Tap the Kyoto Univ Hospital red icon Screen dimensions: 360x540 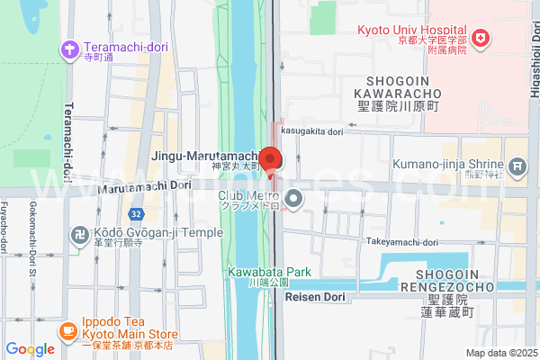pos(482,38)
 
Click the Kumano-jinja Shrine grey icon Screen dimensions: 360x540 pos(517,166)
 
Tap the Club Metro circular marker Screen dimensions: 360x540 pos(292,198)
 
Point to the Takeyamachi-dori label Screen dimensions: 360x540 pos(402,242)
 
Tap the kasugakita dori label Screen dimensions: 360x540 pos(312,131)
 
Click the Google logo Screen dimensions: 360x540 pos(31,349)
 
